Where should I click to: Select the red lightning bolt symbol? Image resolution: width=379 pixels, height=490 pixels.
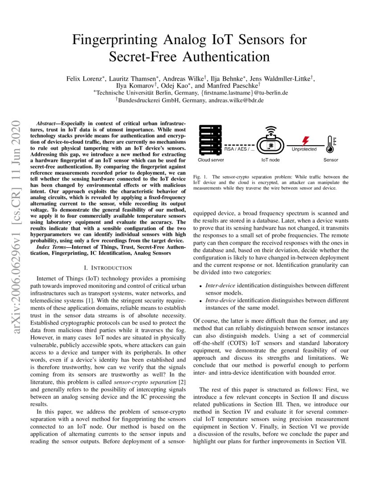point(305,141)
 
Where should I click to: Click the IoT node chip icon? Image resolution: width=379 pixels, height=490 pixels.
point(270,145)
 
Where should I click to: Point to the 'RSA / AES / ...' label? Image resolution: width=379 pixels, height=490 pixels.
point(239,150)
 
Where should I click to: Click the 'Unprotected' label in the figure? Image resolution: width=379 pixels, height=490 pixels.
point(304,150)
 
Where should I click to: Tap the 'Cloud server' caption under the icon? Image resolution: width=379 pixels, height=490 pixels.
point(211,160)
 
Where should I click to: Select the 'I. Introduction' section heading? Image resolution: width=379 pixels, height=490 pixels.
point(108,268)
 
